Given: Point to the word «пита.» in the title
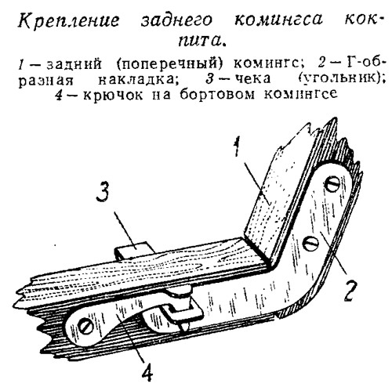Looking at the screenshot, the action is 201,41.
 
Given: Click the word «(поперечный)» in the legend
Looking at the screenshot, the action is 170,63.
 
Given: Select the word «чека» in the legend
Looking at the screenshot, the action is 252,78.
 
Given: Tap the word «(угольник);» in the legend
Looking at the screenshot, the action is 342,78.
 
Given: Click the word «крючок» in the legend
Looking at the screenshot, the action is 113,95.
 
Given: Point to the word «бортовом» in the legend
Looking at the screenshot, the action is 217,94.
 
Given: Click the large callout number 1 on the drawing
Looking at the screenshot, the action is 237,148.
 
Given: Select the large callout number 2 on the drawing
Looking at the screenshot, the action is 349,291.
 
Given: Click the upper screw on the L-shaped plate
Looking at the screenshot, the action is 332,185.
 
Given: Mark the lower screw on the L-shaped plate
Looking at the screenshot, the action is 311,244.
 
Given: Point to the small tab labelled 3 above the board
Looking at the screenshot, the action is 132,250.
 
